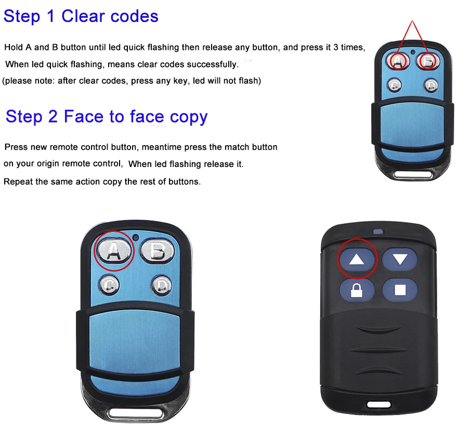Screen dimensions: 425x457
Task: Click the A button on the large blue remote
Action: tap(114, 251)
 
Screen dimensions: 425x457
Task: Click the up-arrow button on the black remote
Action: tap(357, 259)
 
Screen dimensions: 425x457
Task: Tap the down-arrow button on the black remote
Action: tap(400, 259)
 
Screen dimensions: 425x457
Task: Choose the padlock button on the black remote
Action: tap(357, 290)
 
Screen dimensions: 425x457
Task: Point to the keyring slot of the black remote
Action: tap(378, 404)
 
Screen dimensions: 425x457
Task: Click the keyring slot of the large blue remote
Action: tap(135, 414)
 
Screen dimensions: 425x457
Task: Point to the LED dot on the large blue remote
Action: tap(136, 238)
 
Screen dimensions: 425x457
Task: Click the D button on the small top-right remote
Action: tap(431, 84)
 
